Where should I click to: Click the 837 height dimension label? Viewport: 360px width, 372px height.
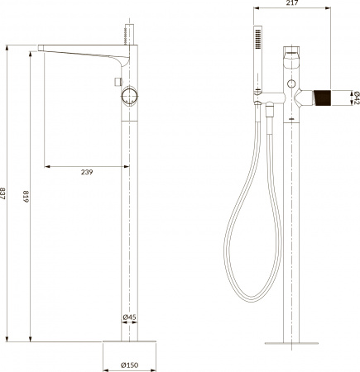click(7, 192)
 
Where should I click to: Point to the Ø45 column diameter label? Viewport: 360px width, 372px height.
click(129, 317)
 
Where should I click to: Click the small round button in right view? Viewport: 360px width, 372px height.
click(292, 86)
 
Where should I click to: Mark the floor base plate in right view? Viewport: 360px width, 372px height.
click(290, 342)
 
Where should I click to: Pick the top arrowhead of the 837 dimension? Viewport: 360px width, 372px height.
click(7, 45)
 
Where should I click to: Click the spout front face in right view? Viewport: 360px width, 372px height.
click(290, 60)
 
